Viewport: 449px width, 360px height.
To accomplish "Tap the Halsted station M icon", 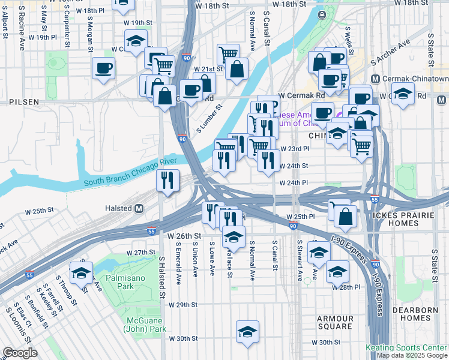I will [139, 208].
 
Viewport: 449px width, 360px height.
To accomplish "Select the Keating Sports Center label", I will [406, 347].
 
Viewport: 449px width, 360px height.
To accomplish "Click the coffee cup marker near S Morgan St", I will [103, 67].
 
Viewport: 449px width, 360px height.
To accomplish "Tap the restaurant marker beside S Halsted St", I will [168, 179].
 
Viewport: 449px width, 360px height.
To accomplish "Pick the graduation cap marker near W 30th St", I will [247, 332].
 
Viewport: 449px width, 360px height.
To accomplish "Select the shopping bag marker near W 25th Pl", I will [345, 217].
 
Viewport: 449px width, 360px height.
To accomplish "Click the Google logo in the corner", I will [20, 353].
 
